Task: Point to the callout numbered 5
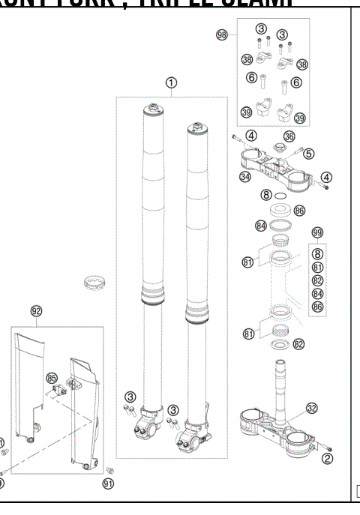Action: click(x=308, y=154)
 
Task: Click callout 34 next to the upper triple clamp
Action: click(x=245, y=177)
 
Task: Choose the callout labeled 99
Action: click(x=317, y=234)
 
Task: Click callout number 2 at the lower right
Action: click(x=328, y=469)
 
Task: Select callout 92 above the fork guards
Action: click(x=36, y=310)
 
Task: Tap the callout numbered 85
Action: click(x=52, y=377)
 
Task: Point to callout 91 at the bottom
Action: click(x=108, y=485)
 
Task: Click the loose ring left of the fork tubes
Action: click(x=95, y=285)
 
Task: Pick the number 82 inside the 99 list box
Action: click(x=317, y=280)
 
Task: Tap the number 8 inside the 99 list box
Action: click(x=317, y=254)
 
